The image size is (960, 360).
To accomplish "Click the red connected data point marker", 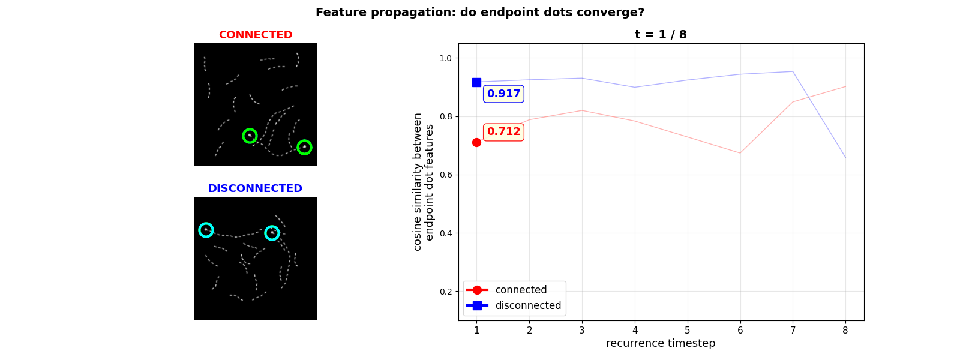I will point(476,142).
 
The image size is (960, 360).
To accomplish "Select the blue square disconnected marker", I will point(476,82).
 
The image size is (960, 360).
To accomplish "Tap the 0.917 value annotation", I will point(503,94).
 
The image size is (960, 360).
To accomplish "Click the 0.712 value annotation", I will point(503,131).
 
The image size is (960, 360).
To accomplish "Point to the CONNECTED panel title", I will point(255,35).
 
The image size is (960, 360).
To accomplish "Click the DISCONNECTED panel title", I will point(255,188).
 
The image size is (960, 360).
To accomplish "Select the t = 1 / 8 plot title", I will point(661,35).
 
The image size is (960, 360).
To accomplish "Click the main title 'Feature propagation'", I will point(479,13).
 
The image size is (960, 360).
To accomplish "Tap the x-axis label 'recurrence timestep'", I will point(661,343).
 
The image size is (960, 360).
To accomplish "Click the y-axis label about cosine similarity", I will point(424,182).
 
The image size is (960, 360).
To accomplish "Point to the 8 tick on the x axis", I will point(845,330).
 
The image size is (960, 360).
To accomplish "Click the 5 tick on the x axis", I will point(687,330).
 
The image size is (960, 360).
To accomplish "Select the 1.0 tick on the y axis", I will point(445,58).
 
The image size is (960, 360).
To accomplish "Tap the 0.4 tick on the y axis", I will point(445,233).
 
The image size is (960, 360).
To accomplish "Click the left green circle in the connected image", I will point(250,136).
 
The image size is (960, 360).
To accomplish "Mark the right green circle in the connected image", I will point(304,147).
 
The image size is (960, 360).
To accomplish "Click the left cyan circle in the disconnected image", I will point(206,230).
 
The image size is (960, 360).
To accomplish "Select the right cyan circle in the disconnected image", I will point(272,233).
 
